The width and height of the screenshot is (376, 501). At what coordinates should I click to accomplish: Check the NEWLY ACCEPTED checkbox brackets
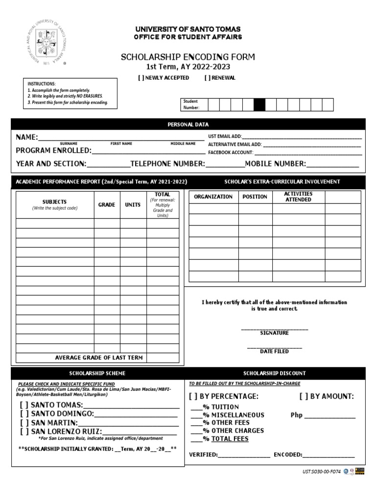tap(142, 78)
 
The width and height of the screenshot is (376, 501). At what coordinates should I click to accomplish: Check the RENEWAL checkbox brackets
tap(207, 78)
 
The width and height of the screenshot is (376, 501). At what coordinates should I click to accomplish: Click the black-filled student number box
tap(259, 105)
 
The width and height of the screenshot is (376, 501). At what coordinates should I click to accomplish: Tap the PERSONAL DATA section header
tap(188, 125)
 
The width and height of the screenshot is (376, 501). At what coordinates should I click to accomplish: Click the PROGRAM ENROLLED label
tap(54, 150)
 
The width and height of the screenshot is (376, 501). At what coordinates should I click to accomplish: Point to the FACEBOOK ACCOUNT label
tap(231, 153)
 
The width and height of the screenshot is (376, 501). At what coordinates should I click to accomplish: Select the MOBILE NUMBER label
tap(275, 164)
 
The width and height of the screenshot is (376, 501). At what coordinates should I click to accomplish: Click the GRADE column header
tap(107, 205)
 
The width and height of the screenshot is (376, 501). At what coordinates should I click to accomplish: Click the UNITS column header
tap(133, 205)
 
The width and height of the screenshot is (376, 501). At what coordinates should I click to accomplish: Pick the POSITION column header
tap(255, 197)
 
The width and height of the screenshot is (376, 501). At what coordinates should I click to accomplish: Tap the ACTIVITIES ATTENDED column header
tap(298, 197)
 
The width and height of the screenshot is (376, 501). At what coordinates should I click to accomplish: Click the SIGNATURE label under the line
tap(274, 333)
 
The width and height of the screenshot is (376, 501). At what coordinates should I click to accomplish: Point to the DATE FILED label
tap(274, 351)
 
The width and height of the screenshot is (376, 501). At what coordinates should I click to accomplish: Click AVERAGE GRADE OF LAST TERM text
tap(99, 358)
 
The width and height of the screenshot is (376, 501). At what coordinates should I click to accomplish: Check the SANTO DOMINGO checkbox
tap(24, 414)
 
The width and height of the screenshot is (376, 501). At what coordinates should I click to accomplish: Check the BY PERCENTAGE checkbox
tap(194, 396)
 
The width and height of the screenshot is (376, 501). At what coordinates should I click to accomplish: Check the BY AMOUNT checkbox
tap(304, 396)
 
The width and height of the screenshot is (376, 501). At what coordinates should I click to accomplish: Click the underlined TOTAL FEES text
tap(230, 439)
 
